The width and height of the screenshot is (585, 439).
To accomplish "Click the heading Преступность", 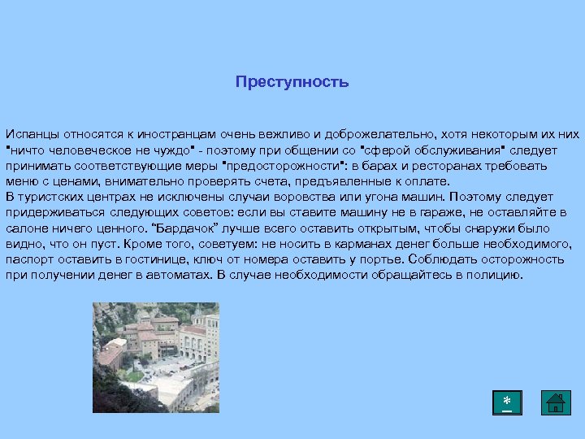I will (x=292, y=82).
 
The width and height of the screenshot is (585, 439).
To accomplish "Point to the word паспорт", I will (x=28, y=259).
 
